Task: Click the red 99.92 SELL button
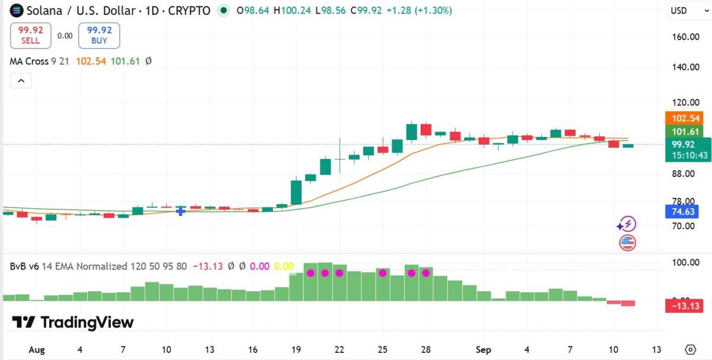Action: click(x=30, y=35)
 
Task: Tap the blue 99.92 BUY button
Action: click(x=99, y=35)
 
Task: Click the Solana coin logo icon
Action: click(x=17, y=11)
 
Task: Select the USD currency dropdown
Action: click(x=689, y=11)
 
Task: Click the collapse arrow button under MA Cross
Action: click(x=21, y=81)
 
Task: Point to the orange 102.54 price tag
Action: click(x=684, y=118)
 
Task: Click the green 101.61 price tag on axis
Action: click(x=684, y=131)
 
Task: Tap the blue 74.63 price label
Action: click(x=682, y=212)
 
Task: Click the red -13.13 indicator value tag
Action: click(x=684, y=306)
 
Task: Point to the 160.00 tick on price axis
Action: click(x=686, y=37)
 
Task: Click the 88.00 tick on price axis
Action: click(x=683, y=174)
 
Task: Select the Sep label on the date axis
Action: click(x=483, y=350)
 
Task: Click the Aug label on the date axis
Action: click(x=37, y=350)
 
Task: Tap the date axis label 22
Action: click(x=339, y=350)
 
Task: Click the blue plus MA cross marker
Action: click(x=180, y=211)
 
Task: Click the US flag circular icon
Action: click(x=628, y=243)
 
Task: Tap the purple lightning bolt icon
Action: click(x=627, y=224)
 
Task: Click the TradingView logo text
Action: click(x=73, y=322)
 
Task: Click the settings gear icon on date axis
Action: click(x=691, y=350)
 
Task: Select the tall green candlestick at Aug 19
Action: click(x=296, y=193)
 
